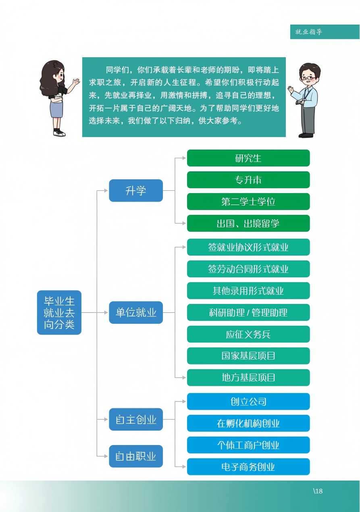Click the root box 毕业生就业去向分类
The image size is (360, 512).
[59, 312]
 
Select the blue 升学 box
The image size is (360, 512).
[136, 190]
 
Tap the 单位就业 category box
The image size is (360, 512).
[136, 312]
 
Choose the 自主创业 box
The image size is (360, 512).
[136, 420]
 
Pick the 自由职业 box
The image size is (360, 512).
[136, 456]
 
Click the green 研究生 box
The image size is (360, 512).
[248, 158]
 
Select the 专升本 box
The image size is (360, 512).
[248, 180]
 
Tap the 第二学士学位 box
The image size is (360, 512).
[248, 202]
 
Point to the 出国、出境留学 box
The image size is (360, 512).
[248, 223]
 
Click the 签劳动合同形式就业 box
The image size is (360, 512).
[248, 269]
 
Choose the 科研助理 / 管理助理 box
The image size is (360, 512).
[248, 312]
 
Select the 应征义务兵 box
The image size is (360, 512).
[248, 334]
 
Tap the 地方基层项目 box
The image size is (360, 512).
[248, 378]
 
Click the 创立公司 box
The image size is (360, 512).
[248, 402]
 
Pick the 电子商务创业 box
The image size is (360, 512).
[248, 467]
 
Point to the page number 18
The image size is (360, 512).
[318, 491]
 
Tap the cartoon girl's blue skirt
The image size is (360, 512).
[56, 109]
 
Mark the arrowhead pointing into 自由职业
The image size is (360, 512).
[106, 456]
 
